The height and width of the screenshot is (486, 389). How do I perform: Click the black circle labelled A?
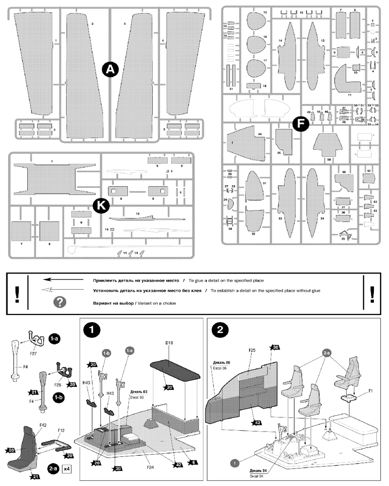pos(110,70)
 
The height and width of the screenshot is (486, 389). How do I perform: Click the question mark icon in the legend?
pos(59,303)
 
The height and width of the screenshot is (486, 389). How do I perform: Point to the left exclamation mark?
pos(17,294)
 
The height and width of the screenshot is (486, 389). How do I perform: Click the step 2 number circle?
pos(220,329)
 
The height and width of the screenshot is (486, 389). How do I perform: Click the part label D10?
pos(170,343)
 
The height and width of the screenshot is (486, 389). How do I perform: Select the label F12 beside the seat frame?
pos(62,430)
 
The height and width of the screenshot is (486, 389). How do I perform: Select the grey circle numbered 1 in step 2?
pos(234,463)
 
